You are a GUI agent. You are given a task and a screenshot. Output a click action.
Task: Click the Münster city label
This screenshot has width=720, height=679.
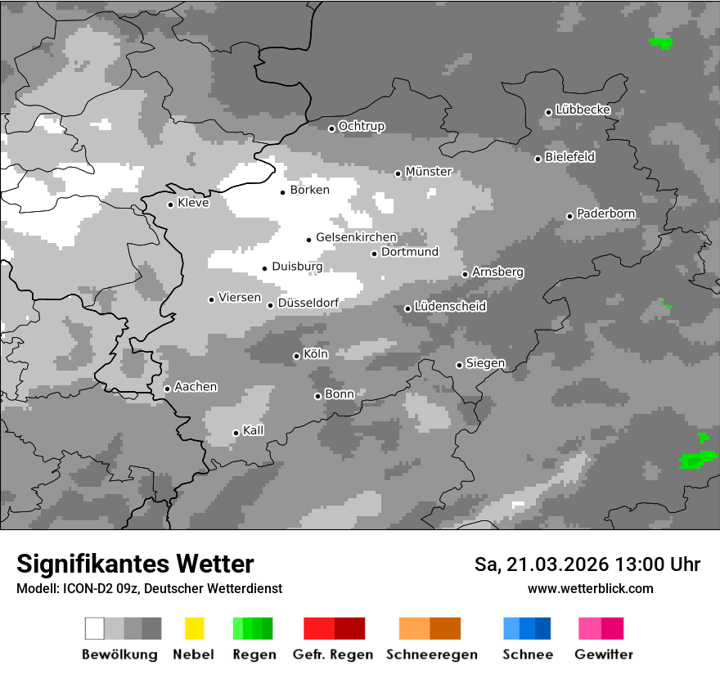(429, 172)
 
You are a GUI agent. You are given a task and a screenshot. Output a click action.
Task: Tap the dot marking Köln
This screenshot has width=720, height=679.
(296, 356)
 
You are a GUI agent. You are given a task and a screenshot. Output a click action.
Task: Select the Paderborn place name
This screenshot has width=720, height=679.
(606, 214)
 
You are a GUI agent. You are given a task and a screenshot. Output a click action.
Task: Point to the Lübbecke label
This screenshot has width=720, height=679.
(583, 110)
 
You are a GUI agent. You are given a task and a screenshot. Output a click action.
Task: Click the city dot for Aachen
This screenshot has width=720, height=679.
(167, 389)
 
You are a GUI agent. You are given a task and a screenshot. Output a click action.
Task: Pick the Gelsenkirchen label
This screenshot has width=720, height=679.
(356, 237)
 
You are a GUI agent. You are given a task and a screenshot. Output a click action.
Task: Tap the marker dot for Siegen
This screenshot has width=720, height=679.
(459, 365)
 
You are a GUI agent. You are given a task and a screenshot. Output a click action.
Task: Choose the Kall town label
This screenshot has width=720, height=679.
(254, 430)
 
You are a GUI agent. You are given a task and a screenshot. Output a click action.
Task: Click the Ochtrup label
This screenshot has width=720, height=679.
(362, 126)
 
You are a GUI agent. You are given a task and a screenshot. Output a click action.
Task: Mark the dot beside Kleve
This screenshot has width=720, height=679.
(170, 205)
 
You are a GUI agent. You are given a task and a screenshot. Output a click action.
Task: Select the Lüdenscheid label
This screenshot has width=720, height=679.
(450, 306)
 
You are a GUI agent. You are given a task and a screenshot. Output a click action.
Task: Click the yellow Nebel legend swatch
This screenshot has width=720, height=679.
(195, 628)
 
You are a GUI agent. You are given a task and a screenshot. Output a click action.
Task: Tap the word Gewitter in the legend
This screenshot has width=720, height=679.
(604, 654)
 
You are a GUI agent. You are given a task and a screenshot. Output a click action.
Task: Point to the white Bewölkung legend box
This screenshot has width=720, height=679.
(95, 628)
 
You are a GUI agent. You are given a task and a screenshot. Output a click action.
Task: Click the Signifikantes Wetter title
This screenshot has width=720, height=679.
(135, 564)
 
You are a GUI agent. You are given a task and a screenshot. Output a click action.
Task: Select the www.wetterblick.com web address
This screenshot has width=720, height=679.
(591, 588)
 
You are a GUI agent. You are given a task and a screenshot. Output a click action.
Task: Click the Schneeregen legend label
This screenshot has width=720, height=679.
(432, 654)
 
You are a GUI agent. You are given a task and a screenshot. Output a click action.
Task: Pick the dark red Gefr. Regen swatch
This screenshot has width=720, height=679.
(350, 628)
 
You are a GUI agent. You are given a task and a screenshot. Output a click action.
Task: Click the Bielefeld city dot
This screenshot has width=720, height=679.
(538, 159)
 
